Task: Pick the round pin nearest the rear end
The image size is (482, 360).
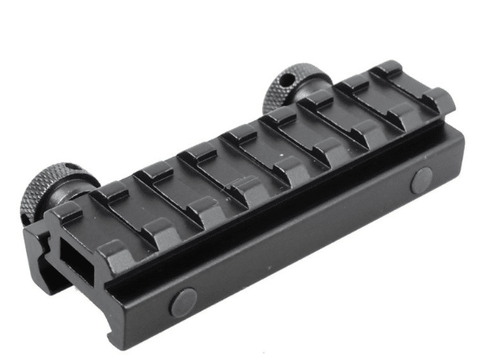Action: (421, 180)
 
